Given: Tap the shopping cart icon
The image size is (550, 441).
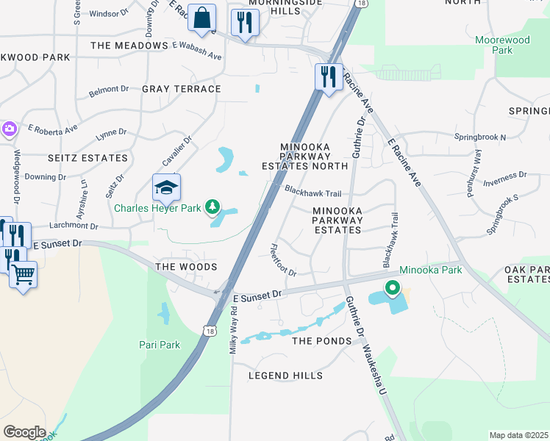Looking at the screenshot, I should click(24, 275).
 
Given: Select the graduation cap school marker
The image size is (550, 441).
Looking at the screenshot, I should click(167, 188).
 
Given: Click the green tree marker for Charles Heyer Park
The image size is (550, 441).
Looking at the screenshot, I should click(213, 208).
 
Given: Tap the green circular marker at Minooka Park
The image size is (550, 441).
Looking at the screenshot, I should click(393, 288).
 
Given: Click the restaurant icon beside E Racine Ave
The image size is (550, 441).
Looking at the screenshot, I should click(329, 76).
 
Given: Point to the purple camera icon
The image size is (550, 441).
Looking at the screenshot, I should click(9, 129).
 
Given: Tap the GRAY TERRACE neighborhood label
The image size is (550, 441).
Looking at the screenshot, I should click(181, 89).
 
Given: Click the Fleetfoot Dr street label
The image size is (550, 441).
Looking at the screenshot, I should click(283, 260).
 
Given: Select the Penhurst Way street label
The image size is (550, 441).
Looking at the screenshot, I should click(477, 168).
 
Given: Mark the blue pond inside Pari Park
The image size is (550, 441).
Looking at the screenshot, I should click(163, 314).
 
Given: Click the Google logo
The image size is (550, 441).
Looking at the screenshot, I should click(24, 432).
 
